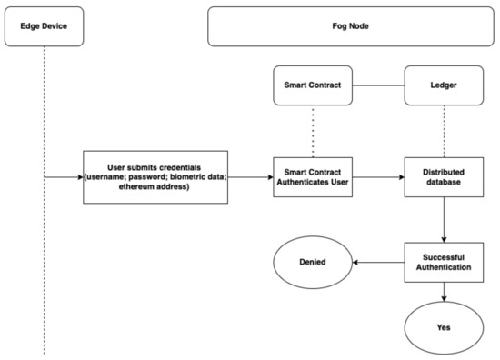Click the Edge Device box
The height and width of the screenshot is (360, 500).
point(44,25)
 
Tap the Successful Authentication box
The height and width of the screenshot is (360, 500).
point(444,263)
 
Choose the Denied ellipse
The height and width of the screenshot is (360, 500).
point(312,263)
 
